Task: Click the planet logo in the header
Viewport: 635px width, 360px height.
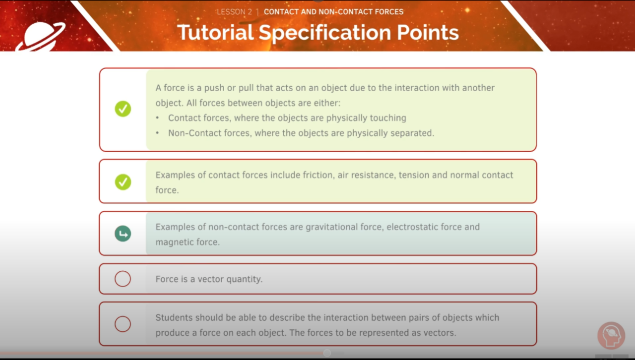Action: tap(40, 36)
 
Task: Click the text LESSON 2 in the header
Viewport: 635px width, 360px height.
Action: tap(234, 11)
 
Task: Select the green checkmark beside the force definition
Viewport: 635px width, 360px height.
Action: tap(123, 109)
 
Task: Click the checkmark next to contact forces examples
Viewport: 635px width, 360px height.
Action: tap(123, 182)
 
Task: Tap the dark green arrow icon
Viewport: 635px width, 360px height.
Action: tap(123, 234)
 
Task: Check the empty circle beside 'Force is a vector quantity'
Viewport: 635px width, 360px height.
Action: tap(123, 279)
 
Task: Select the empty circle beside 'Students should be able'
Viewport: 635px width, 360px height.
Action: tap(123, 324)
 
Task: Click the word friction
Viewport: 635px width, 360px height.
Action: tap(317, 175)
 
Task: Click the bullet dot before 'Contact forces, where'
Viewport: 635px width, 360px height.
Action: tap(158, 118)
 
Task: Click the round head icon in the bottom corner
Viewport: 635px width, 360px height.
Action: tap(611, 336)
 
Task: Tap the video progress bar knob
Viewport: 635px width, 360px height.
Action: tap(327, 353)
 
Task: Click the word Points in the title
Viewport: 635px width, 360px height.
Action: tap(421, 33)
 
